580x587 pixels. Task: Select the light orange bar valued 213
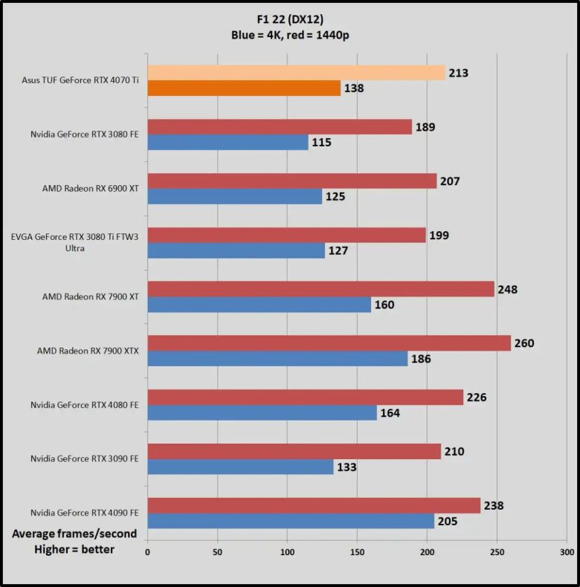[x=296, y=72]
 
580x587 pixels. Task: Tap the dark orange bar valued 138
[x=244, y=88]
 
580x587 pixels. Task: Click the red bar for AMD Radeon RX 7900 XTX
[x=329, y=343]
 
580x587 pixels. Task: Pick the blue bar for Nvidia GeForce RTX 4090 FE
[x=291, y=521]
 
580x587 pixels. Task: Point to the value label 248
[x=507, y=289]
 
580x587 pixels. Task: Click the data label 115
[x=321, y=143]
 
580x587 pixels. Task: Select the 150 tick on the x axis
[x=357, y=552]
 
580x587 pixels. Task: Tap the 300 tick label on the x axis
[x=567, y=552]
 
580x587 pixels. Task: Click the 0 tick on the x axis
[x=147, y=552]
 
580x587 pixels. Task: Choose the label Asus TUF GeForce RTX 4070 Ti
[x=80, y=80]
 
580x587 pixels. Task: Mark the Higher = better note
[x=74, y=550]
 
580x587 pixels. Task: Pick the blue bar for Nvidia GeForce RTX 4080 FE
[x=262, y=413]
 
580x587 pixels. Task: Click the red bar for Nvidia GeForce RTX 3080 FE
[x=280, y=126]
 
